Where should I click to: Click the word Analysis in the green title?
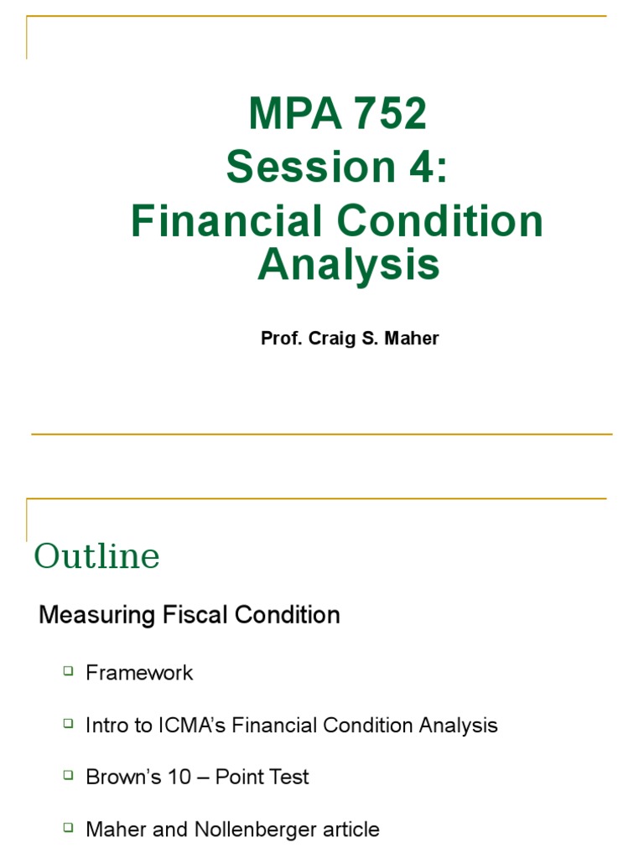348,264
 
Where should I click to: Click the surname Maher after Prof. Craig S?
410,339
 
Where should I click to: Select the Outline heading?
96,556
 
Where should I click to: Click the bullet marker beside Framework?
68,671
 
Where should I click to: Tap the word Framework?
139,673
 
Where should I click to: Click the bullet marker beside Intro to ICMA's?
68,723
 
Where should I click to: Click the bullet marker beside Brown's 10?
68,775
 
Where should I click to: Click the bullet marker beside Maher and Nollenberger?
68,828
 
